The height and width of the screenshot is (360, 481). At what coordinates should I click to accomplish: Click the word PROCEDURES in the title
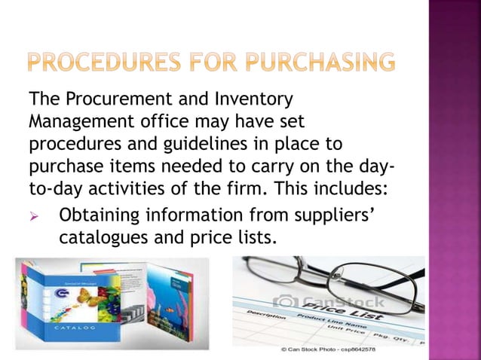tap(104, 61)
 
